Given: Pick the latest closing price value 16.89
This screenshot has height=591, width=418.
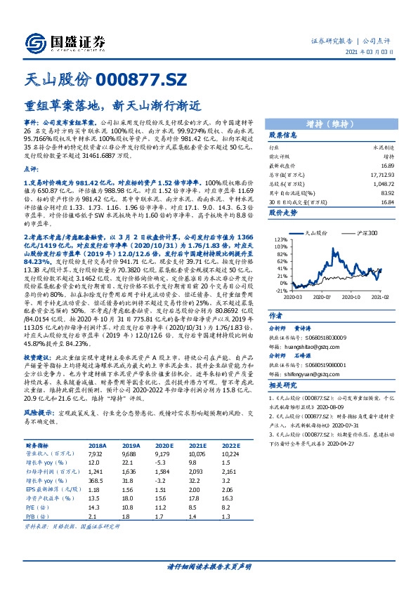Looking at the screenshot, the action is [x=380, y=165].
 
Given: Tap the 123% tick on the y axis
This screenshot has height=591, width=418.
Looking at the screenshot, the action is [x=280, y=240].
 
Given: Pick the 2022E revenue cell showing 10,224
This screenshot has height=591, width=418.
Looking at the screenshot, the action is [x=230, y=453].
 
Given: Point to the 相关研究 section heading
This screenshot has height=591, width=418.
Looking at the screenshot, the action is [x=285, y=386].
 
